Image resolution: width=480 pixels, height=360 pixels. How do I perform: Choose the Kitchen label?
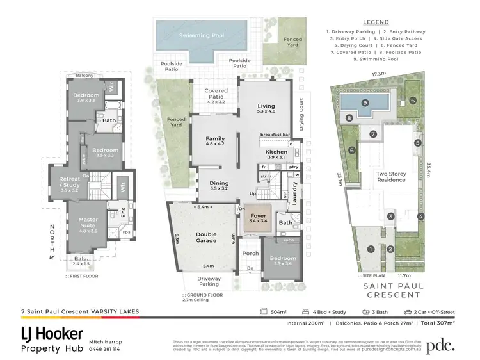click(276, 152)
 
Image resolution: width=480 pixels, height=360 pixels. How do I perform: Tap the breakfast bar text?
click(276, 135)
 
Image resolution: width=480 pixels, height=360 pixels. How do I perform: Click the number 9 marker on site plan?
click(364, 102)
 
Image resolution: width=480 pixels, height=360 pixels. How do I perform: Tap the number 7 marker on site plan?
click(372, 134)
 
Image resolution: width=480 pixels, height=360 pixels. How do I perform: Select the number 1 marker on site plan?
click(370, 249)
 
